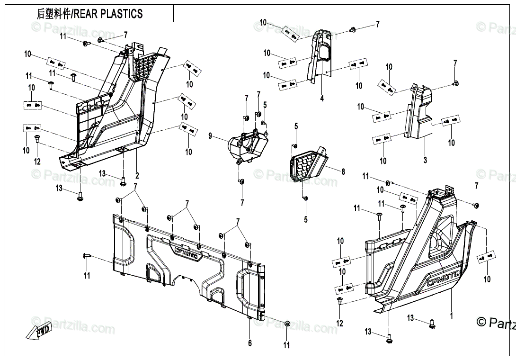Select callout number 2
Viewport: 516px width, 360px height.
pyautogui.click(x=137, y=175)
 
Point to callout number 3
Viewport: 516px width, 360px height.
pyautogui.click(x=425, y=160)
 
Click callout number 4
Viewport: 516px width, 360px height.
pyautogui.click(x=321, y=99)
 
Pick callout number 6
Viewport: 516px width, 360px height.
pyautogui.click(x=250, y=343)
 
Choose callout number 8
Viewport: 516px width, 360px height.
pyautogui.click(x=343, y=172)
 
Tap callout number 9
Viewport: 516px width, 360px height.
pyautogui.click(x=210, y=136)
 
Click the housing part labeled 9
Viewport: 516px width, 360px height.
pyautogui.click(x=246, y=144)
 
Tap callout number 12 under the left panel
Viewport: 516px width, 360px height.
pyautogui.click(x=37, y=162)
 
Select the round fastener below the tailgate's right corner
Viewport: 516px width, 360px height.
pyautogui.click(x=287, y=324)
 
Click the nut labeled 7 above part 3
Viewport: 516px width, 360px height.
pyautogui.click(x=455, y=83)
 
